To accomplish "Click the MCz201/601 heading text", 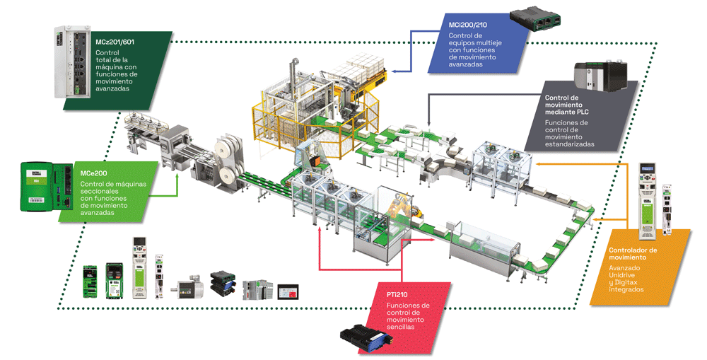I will (x=115, y=42).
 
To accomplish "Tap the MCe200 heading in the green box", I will (x=93, y=173).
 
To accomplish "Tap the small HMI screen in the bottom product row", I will (x=288, y=291).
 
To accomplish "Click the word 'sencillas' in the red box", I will (x=401, y=327).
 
